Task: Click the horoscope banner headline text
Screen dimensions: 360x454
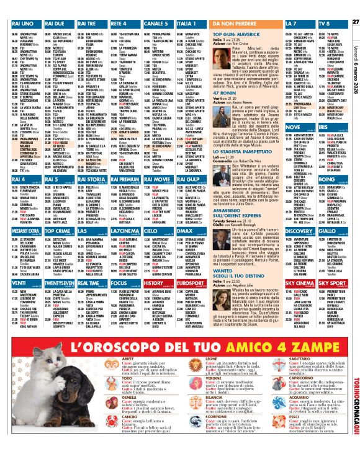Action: pos(181,345)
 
